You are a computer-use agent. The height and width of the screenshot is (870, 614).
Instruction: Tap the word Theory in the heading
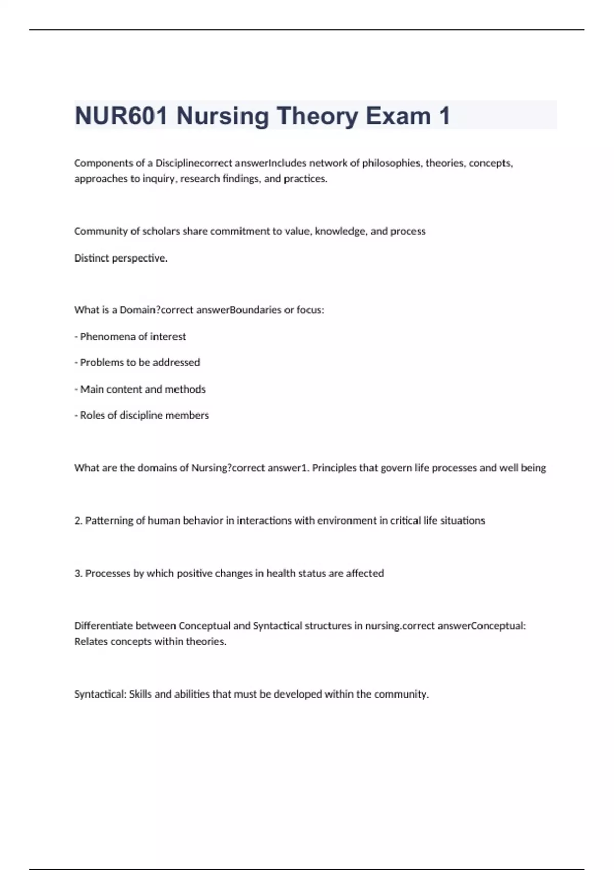(318, 116)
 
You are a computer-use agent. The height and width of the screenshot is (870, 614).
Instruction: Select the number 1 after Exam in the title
(444, 116)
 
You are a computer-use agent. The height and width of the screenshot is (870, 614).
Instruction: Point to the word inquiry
(155, 179)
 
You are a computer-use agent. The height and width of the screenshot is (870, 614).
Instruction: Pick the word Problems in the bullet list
(101, 362)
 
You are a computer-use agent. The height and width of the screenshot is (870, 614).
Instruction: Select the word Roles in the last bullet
(92, 415)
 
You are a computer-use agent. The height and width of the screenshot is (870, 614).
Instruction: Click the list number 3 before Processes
(78, 573)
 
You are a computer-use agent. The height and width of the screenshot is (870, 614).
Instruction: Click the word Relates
(89, 642)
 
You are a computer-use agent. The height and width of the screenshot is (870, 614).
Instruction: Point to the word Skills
(140, 694)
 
